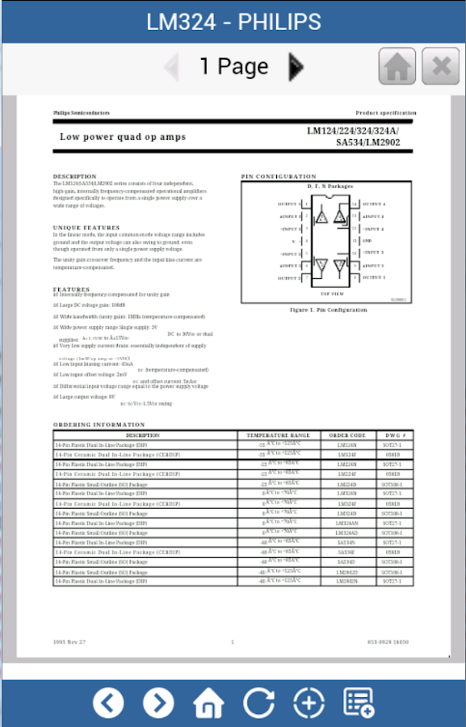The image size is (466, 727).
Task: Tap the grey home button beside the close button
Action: pos(397,66)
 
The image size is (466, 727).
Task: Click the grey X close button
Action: pos(441,66)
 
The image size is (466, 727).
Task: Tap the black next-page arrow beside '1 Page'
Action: pos(296,66)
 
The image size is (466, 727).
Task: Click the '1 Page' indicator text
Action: pos(234,66)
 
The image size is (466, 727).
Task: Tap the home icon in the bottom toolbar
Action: pos(208,703)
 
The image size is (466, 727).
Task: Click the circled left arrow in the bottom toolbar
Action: pos(108,703)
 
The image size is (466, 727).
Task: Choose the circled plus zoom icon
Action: pos(309,703)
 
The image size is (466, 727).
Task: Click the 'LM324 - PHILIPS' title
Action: pos(233,22)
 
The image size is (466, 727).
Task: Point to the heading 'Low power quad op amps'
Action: pos(123,137)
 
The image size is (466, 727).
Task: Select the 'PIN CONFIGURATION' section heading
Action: pos(279,176)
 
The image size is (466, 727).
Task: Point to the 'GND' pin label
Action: pos(367,241)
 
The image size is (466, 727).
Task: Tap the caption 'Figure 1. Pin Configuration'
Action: pos(328,309)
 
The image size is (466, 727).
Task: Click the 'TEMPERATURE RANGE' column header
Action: pos(278,435)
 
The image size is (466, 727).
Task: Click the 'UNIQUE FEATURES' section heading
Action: pos(86,228)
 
